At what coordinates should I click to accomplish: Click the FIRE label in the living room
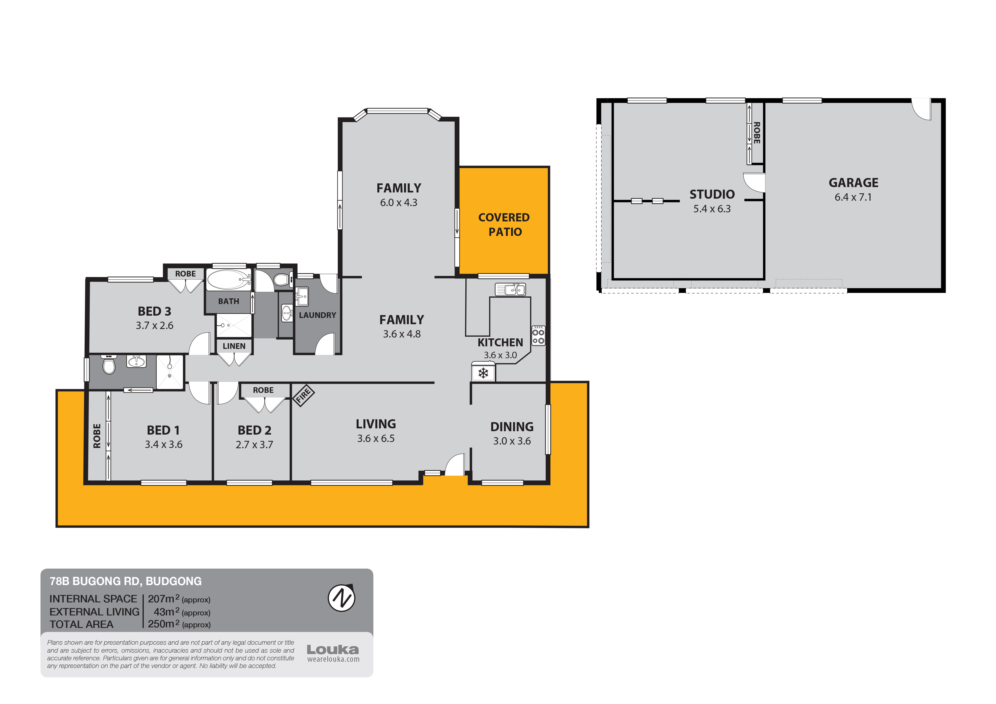pyautogui.click(x=303, y=395)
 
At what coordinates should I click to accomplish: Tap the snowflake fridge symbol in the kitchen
pyautogui.click(x=483, y=373)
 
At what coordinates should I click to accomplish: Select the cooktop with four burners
pyautogui.click(x=538, y=335)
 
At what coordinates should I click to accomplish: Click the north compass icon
pyautogui.click(x=341, y=598)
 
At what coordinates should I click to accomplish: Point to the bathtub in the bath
pyautogui.click(x=229, y=280)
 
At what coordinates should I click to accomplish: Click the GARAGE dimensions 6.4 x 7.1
pyautogui.click(x=853, y=197)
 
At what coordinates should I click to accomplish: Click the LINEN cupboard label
pyautogui.click(x=234, y=346)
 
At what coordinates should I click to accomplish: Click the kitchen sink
pyautogui.click(x=510, y=289)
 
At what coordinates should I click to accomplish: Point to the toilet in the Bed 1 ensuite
pyautogui.click(x=108, y=364)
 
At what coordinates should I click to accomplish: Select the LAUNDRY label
pyautogui.click(x=317, y=315)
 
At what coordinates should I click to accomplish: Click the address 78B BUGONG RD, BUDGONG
pyautogui.click(x=126, y=581)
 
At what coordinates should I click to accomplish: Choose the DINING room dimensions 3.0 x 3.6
pyautogui.click(x=512, y=441)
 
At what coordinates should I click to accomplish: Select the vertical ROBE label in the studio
pyautogui.click(x=757, y=133)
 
